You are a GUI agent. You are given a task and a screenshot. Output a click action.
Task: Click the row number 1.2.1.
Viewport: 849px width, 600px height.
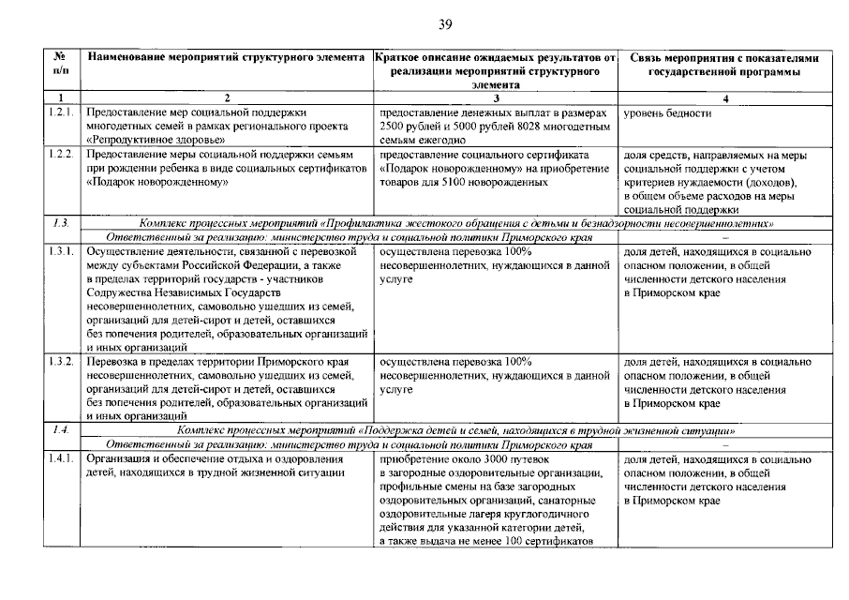pyautogui.click(x=60, y=112)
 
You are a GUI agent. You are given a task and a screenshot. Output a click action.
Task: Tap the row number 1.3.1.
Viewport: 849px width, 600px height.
pyautogui.click(x=60, y=252)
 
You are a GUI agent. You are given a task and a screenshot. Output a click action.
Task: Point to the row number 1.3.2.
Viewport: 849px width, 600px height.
pyautogui.click(x=60, y=360)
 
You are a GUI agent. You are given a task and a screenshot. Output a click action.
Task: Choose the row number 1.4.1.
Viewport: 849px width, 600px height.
pyautogui.click(x=60, y=459)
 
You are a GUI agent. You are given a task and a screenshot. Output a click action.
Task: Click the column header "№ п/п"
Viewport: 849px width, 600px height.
pyautogui.click(x=60, y=65)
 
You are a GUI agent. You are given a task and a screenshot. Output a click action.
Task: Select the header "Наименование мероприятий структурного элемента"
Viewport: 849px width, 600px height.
pyautogui.click(x=226, y=58)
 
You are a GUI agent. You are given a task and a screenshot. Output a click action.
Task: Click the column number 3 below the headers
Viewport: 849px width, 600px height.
pyautogui.click(x=495, y=97)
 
